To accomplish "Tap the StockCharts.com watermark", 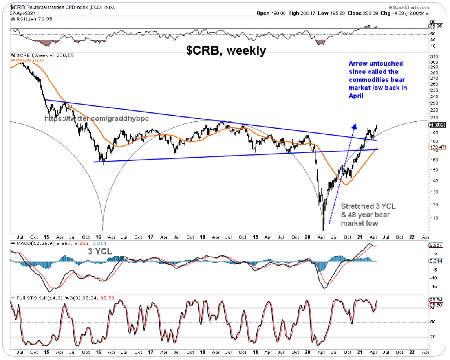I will pos(418,7).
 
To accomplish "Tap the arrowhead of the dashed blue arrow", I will pos(354,126).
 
